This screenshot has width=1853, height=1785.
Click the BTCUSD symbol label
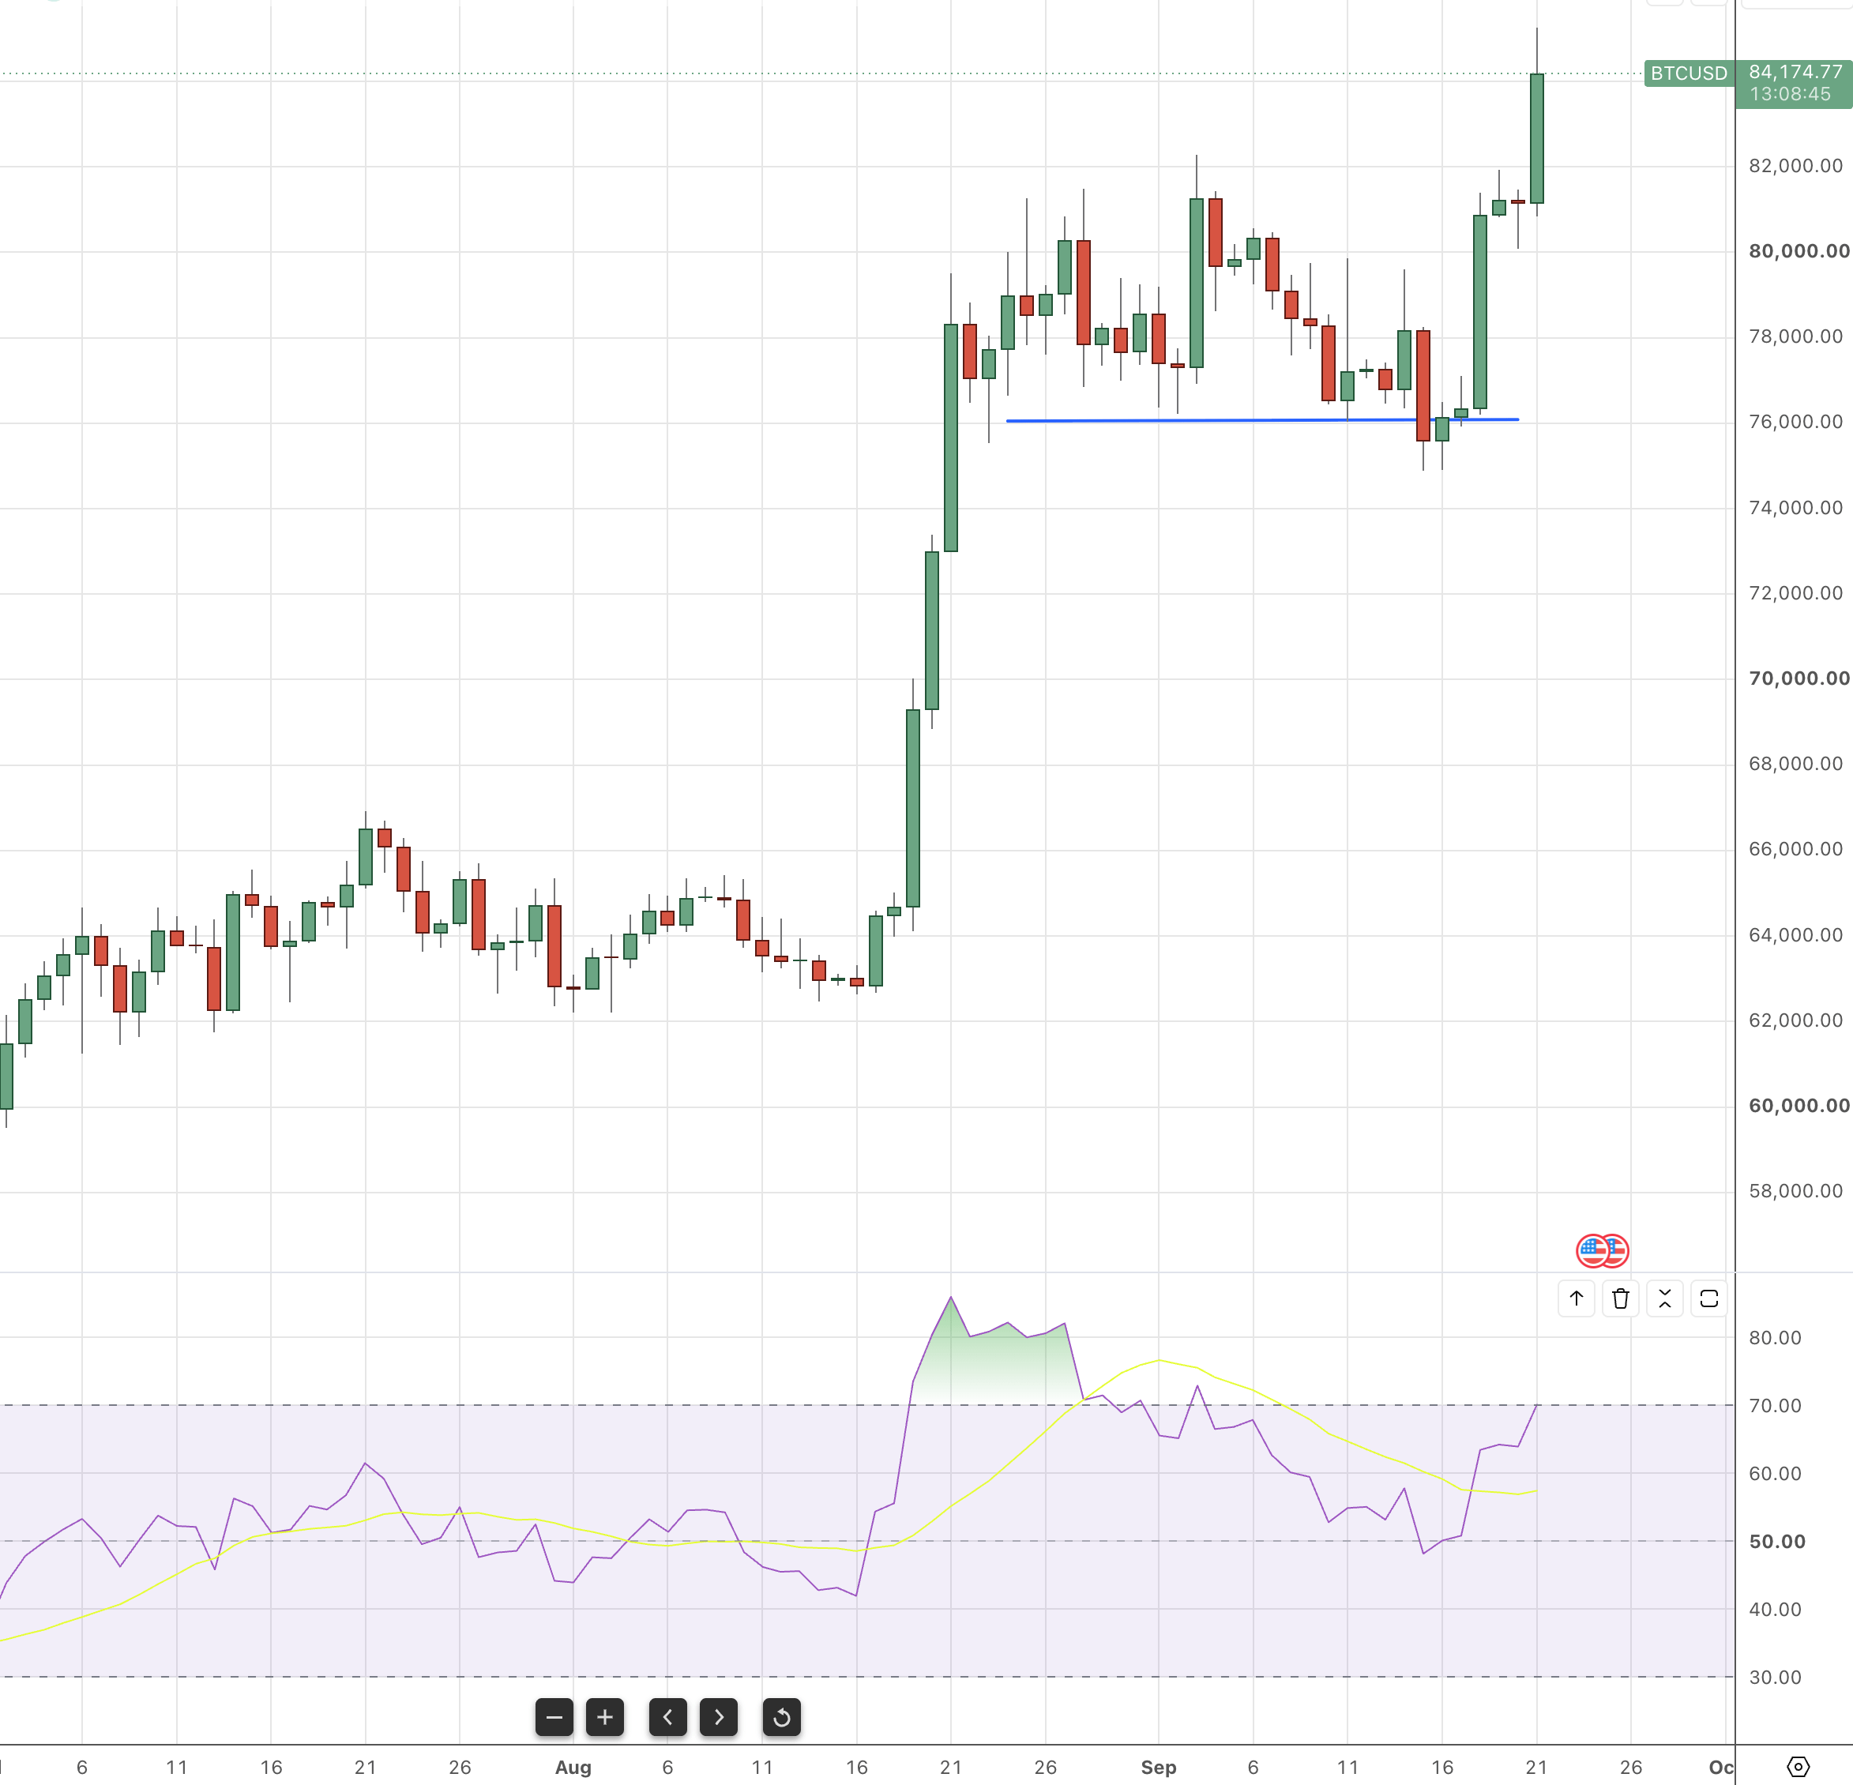1689,73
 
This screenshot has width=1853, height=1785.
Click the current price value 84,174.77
1795,72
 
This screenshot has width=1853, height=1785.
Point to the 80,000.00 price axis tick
1798,250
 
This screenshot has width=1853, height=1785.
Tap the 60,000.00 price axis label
1798,1105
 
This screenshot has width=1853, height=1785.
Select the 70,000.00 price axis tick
1798,678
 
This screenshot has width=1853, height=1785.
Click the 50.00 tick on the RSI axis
1776,1541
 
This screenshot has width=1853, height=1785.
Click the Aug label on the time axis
573,1767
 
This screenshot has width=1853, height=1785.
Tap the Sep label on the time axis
1158,1767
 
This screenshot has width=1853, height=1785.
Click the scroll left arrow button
667,1717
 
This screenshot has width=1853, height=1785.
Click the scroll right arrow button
719,1717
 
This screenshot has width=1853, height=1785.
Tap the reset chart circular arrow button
781,1717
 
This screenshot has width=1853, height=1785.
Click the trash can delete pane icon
1621,1298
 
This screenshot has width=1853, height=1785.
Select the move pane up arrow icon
1576,1298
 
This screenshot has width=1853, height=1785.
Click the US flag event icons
1602,1251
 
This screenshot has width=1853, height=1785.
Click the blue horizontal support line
1262,419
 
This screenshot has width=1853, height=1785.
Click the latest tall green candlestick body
1536,138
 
